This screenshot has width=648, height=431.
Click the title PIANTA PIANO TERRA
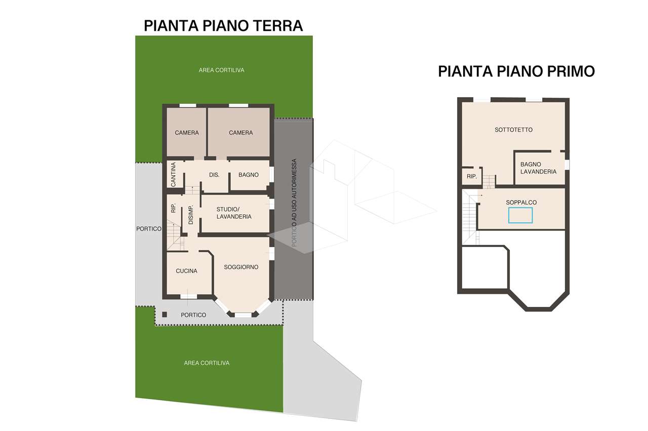[x=223, y=25]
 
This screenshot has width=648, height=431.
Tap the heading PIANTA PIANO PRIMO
[x=516, y=71]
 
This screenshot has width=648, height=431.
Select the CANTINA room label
[x=173, y=175]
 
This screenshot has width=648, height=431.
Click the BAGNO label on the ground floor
[x=249, y=175]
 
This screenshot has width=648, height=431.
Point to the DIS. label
[x=214, y=175]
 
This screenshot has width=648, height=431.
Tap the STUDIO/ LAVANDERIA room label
[x=234, y=213]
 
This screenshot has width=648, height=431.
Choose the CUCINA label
[x=187, y=271]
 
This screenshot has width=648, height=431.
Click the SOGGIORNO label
[x=241, y=267]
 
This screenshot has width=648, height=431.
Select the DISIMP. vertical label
[x=191, y=215]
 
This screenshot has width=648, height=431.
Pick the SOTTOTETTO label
[x=513, y=130]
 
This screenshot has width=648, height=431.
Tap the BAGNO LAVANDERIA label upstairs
[x=538, y=168]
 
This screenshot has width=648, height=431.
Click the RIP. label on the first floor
[x=471, y=176]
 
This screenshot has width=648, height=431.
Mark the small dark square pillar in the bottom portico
[x=165, y=315]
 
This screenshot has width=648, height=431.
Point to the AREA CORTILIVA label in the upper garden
[x=221, y=70]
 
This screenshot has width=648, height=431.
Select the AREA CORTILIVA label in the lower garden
[x=207, y=363]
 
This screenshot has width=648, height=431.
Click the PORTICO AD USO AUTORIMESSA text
[x=294, y=203]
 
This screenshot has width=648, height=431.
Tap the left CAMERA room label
[x=187, y=133]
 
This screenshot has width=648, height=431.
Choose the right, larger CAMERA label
[x=240, y=133]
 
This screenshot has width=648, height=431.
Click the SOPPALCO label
[x=521, y=203]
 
